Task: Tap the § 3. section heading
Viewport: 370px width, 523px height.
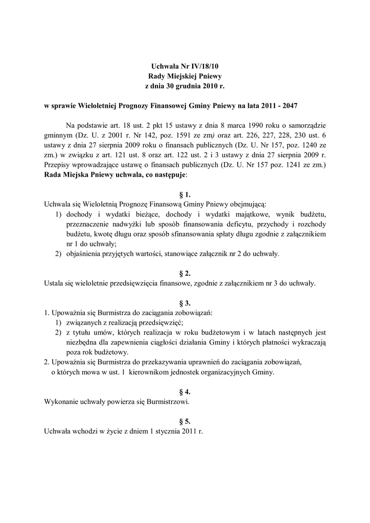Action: pyautogui.click(x=185, y=303)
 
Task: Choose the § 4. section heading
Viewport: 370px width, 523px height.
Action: pyautogui.click(x=185, y=392)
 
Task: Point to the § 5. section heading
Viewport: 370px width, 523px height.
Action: pyautogui.click(x=185, y=421)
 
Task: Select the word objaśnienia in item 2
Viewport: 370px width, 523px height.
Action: pyautogui.click(x=85, y=253)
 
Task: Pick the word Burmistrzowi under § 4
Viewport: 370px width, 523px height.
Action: pyautogui.click(x=164, y=401)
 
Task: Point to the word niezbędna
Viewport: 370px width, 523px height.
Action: pyautogui.click(x=84, y=342)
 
